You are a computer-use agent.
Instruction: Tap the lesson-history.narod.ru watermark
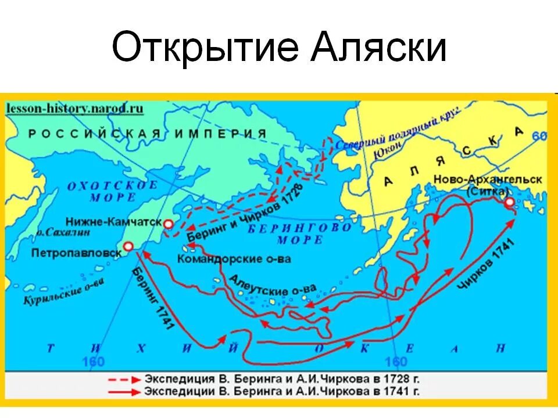[74, 108]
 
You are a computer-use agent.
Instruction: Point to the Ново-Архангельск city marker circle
[510, 203]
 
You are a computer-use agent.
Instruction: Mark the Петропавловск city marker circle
[128, 246]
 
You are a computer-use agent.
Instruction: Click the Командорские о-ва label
[234, 259]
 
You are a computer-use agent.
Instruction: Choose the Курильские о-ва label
[64, 291]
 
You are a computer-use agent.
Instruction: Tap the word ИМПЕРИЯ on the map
[228, 134]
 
